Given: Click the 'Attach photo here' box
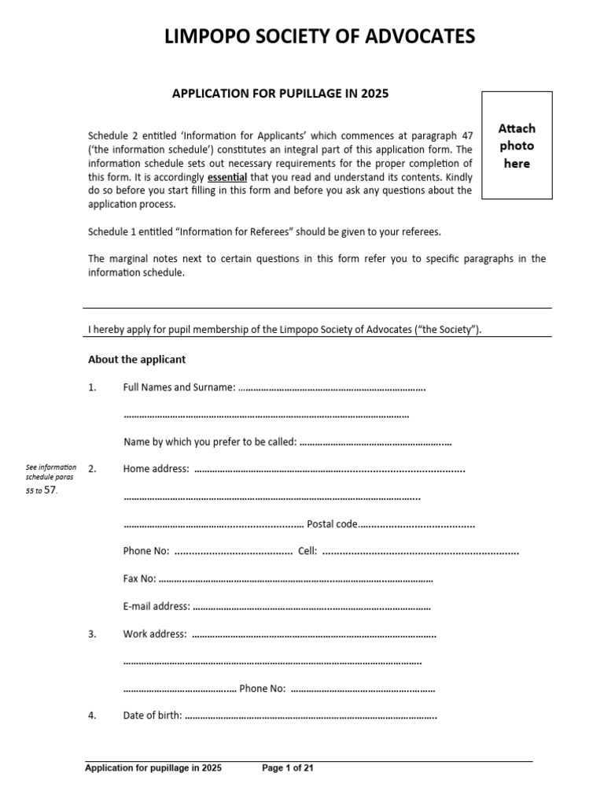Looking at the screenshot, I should [517, 146].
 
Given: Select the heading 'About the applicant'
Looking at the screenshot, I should [137, 360].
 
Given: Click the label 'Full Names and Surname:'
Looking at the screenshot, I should [179, 387].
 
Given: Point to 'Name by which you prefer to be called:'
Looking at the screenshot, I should [210, 442].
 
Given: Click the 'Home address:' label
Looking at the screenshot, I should [156, 469].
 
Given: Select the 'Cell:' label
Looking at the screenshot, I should [308, 552].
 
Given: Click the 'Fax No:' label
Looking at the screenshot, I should [140, 579].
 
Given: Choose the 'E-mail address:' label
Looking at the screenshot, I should [157, 607].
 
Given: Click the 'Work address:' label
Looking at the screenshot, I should [155, 634].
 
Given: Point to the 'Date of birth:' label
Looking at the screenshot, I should [153, 716].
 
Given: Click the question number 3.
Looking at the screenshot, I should [92, 634].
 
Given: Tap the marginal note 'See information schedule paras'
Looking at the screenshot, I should [52, 472].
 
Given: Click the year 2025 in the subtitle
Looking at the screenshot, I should [375, 94].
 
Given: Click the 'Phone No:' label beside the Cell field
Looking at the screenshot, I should [146, 552].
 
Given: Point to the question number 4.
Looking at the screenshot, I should [92, 716].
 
